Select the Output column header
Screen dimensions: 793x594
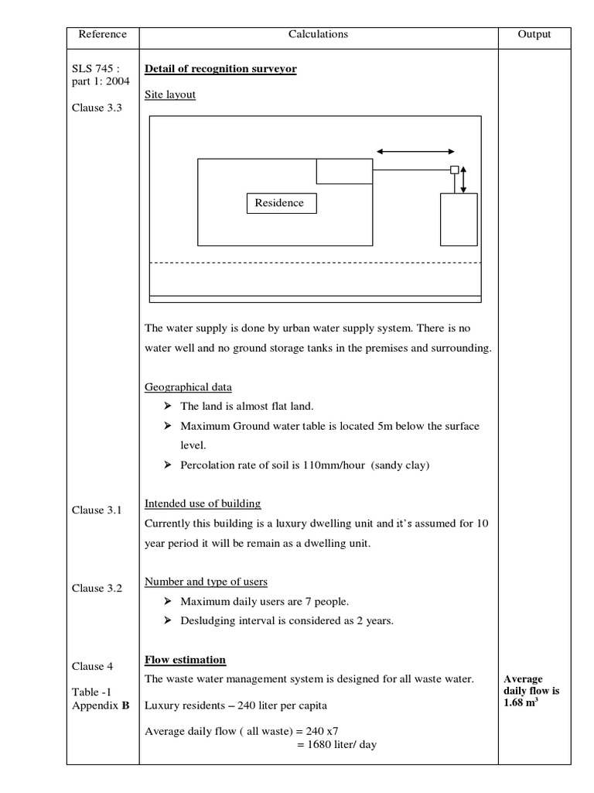534,34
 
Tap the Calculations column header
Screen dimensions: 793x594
318,34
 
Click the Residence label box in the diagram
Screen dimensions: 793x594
279,204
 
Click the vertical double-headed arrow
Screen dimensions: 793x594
463,180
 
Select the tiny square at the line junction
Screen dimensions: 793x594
455,170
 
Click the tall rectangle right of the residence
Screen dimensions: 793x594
459,219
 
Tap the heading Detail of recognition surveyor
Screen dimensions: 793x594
220,70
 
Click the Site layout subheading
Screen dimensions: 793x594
170,94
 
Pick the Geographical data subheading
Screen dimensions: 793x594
188,387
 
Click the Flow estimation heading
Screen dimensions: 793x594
186,660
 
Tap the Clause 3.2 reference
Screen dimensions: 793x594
97,588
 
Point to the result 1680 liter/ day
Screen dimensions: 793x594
336,746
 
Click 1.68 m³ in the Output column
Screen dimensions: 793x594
521,702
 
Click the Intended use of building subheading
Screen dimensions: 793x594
203,503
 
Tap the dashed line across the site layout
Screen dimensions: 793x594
315,263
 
